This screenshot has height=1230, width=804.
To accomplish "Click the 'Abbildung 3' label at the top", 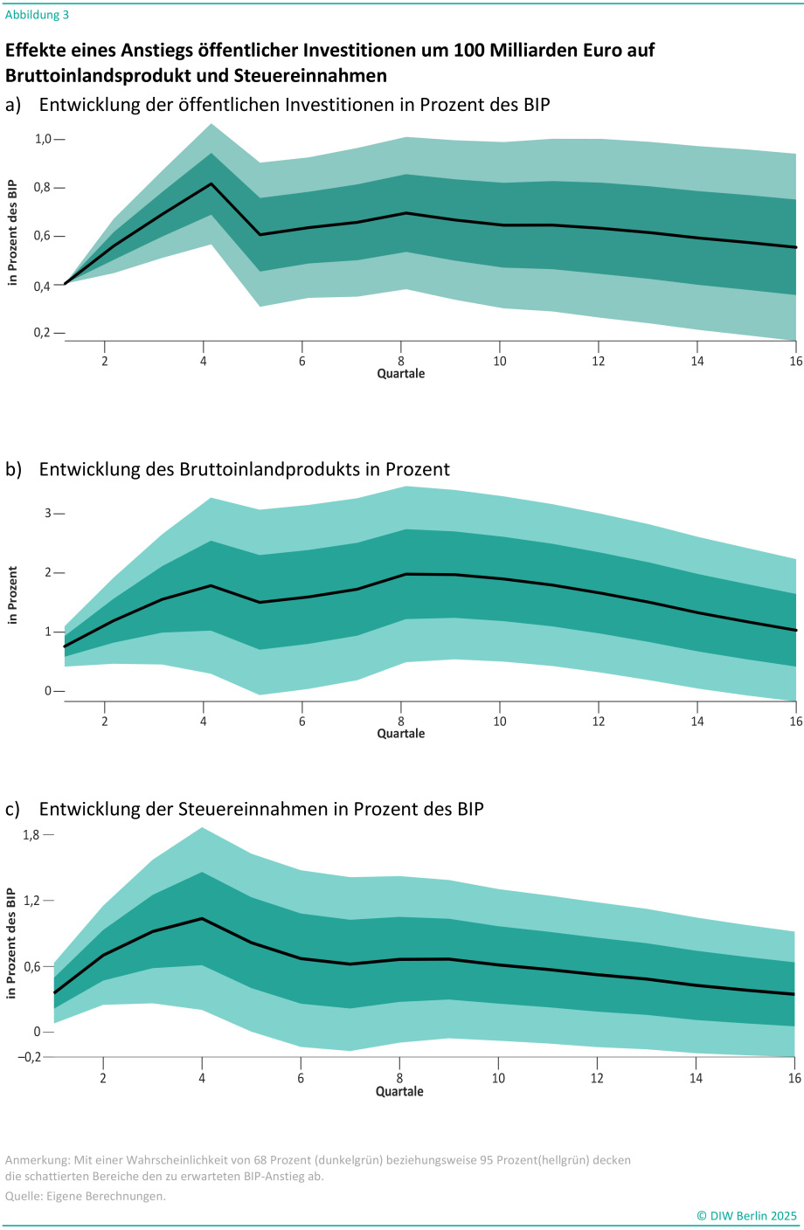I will [x=37, y=15].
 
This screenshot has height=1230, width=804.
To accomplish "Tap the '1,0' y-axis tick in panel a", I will [x=44, y=139].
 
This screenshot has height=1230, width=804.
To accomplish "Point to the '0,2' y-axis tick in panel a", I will [x=44, y=333].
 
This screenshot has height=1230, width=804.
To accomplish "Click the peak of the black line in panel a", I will [x=211, y=183].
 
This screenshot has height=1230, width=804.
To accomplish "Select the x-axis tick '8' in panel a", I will [x=401, y=361].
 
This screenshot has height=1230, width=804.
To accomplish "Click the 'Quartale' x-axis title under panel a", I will [x=401, y=374].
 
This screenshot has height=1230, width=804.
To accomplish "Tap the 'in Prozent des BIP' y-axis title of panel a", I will [x=12, y=232].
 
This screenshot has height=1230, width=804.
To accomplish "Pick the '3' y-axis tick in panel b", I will [x=48, y=514].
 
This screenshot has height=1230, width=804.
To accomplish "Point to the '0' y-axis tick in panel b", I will [x=48, y=691].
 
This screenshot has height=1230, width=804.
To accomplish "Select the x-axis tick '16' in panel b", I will [x=795, y=721].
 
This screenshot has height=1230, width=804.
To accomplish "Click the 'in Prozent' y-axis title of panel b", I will [x=12, y=595].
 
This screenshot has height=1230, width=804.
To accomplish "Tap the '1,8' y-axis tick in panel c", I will [x=31, y=835].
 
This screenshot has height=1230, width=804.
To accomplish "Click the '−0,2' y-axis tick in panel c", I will [x=30, y=1057].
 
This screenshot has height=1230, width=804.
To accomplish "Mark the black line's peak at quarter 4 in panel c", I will [x=202, y=918].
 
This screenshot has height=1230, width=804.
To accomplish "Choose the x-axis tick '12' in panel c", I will [x=597, y=1078].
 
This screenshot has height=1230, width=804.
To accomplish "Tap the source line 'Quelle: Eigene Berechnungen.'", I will [x=85, y=1196].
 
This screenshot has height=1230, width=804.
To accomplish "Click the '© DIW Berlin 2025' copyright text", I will [x=746, y=1215].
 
